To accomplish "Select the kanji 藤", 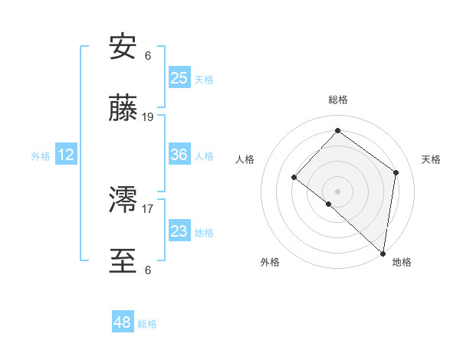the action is point(123,110).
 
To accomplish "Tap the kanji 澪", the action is point(123,201).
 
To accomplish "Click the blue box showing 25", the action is point(179,77).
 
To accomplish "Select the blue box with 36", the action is point(179,154).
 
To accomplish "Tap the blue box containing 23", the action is point(179,231).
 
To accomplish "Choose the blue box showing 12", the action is point(66,155).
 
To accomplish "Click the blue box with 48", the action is point(122,322).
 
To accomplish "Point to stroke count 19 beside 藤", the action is point(148,117).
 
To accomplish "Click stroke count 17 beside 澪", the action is point(148,208).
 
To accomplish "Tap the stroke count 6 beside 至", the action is point(148,270).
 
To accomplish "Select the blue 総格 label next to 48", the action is point(147,324).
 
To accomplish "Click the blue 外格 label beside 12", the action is point(41,156).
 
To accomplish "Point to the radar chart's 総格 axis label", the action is point(338,100).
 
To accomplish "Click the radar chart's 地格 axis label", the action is point(402,262).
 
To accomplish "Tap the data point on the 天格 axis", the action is point(396,172).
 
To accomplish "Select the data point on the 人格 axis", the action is point(294,177).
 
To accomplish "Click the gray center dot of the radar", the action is point(338,191).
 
